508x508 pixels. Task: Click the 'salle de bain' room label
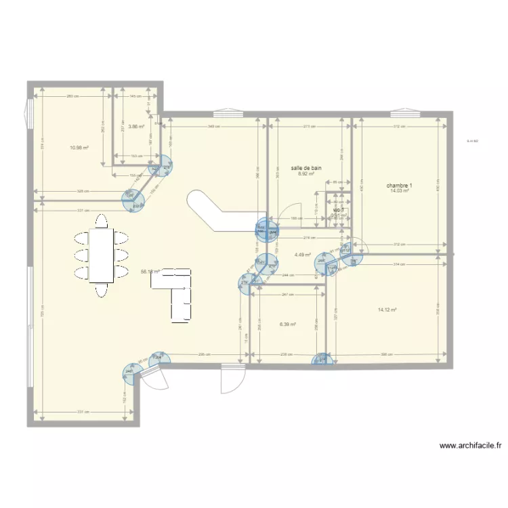pyautogui.click(x=306, y=167)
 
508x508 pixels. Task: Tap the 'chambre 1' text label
pyautogui.click(x=400, y=185)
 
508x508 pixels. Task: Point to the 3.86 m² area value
pyautogui.click(x=136, y=127)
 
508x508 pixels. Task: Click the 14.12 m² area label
pyautogui.click(x=387, y=310)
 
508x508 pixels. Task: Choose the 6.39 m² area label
pyautogui.click(x=288, y=324)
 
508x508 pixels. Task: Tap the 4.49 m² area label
pyautogui.click(x=302, y=255)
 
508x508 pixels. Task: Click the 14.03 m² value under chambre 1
pyautogui.click(x=400, y=191)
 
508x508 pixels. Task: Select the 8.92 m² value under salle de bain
pyautogui.click(x=306, y=173)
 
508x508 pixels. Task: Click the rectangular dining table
pyautogui.click(x=102, y=255)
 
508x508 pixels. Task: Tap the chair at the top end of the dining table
pyautogui.click(x=102, y=221)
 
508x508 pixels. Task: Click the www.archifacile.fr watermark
pyautogui.click(x=471, y=446)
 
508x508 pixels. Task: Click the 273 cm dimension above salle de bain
pyautogui.click(x=310, y=127)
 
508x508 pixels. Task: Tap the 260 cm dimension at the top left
pyautogui.click(x=72, y=96)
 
